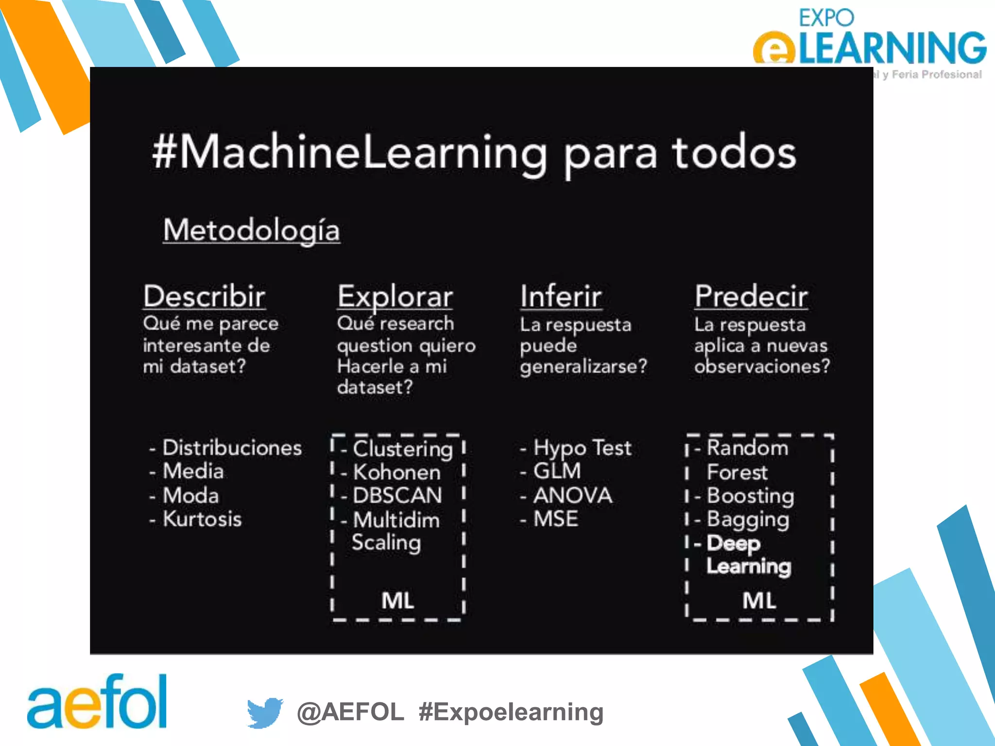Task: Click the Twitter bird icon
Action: [x=265, y=712]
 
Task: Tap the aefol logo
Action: [x=97, y=702]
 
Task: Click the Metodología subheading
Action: [x=251, y=230]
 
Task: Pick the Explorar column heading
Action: [x=395, y=296]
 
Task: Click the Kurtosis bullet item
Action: [x=202, y=519]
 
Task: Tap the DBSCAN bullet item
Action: [x=397, y=495]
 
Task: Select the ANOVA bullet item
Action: [x=572, y=495]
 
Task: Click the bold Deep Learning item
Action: [x=749, y=555]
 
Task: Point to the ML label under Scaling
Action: [x=398, y=601]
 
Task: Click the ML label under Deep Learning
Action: [x=759, y=601]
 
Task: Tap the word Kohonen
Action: [x=397, y=472]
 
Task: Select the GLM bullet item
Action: [x=557, y=471]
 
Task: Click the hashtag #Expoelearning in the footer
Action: [x=511, y=712]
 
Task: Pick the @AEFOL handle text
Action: [x=350, y=712]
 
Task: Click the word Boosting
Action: [x=751, y=495]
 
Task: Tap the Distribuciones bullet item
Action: [x=232, y=448]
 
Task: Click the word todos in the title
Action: [x=734, y=153]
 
